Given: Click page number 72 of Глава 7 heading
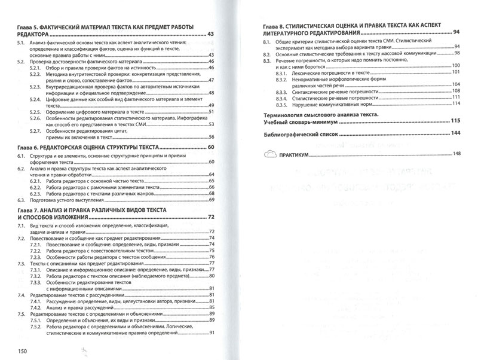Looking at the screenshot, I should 211,216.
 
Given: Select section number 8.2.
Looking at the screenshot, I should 267,53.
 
